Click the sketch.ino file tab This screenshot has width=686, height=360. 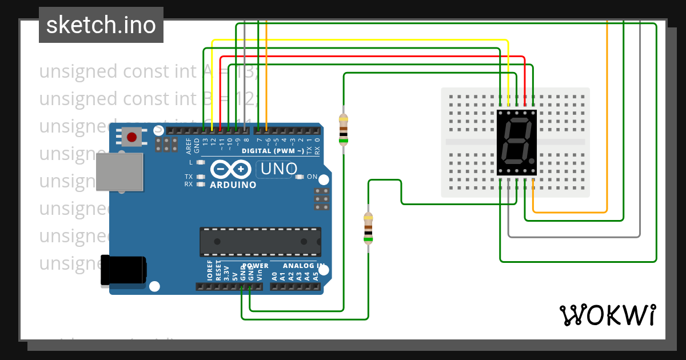(x=101, y=25)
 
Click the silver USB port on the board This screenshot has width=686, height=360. (x=119, y=171)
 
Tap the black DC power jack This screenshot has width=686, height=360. (x=123, y=270)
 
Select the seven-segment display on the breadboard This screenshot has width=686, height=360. (x=517, y=142)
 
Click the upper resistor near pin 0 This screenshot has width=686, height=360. (x=343, y=129)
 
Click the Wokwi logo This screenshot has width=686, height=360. (x=607, y=315)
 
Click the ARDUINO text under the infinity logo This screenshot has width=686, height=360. (x=233, y=185)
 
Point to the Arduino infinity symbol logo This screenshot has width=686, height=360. (x=232, y=169)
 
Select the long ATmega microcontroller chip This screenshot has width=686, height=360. (x=260, y=241)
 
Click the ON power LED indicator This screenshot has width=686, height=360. (x=300, y=177)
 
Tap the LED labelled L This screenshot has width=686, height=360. (x=200, y=163)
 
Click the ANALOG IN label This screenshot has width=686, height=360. (x=297, y=266)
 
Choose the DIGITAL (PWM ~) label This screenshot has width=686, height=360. (x=273, y=151)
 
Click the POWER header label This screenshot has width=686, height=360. (x=255, y=266)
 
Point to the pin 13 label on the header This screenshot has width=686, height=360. (x=205, y=141)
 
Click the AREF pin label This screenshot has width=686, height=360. (x=189, y=146)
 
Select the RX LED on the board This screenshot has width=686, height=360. (x=200, y=185)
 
